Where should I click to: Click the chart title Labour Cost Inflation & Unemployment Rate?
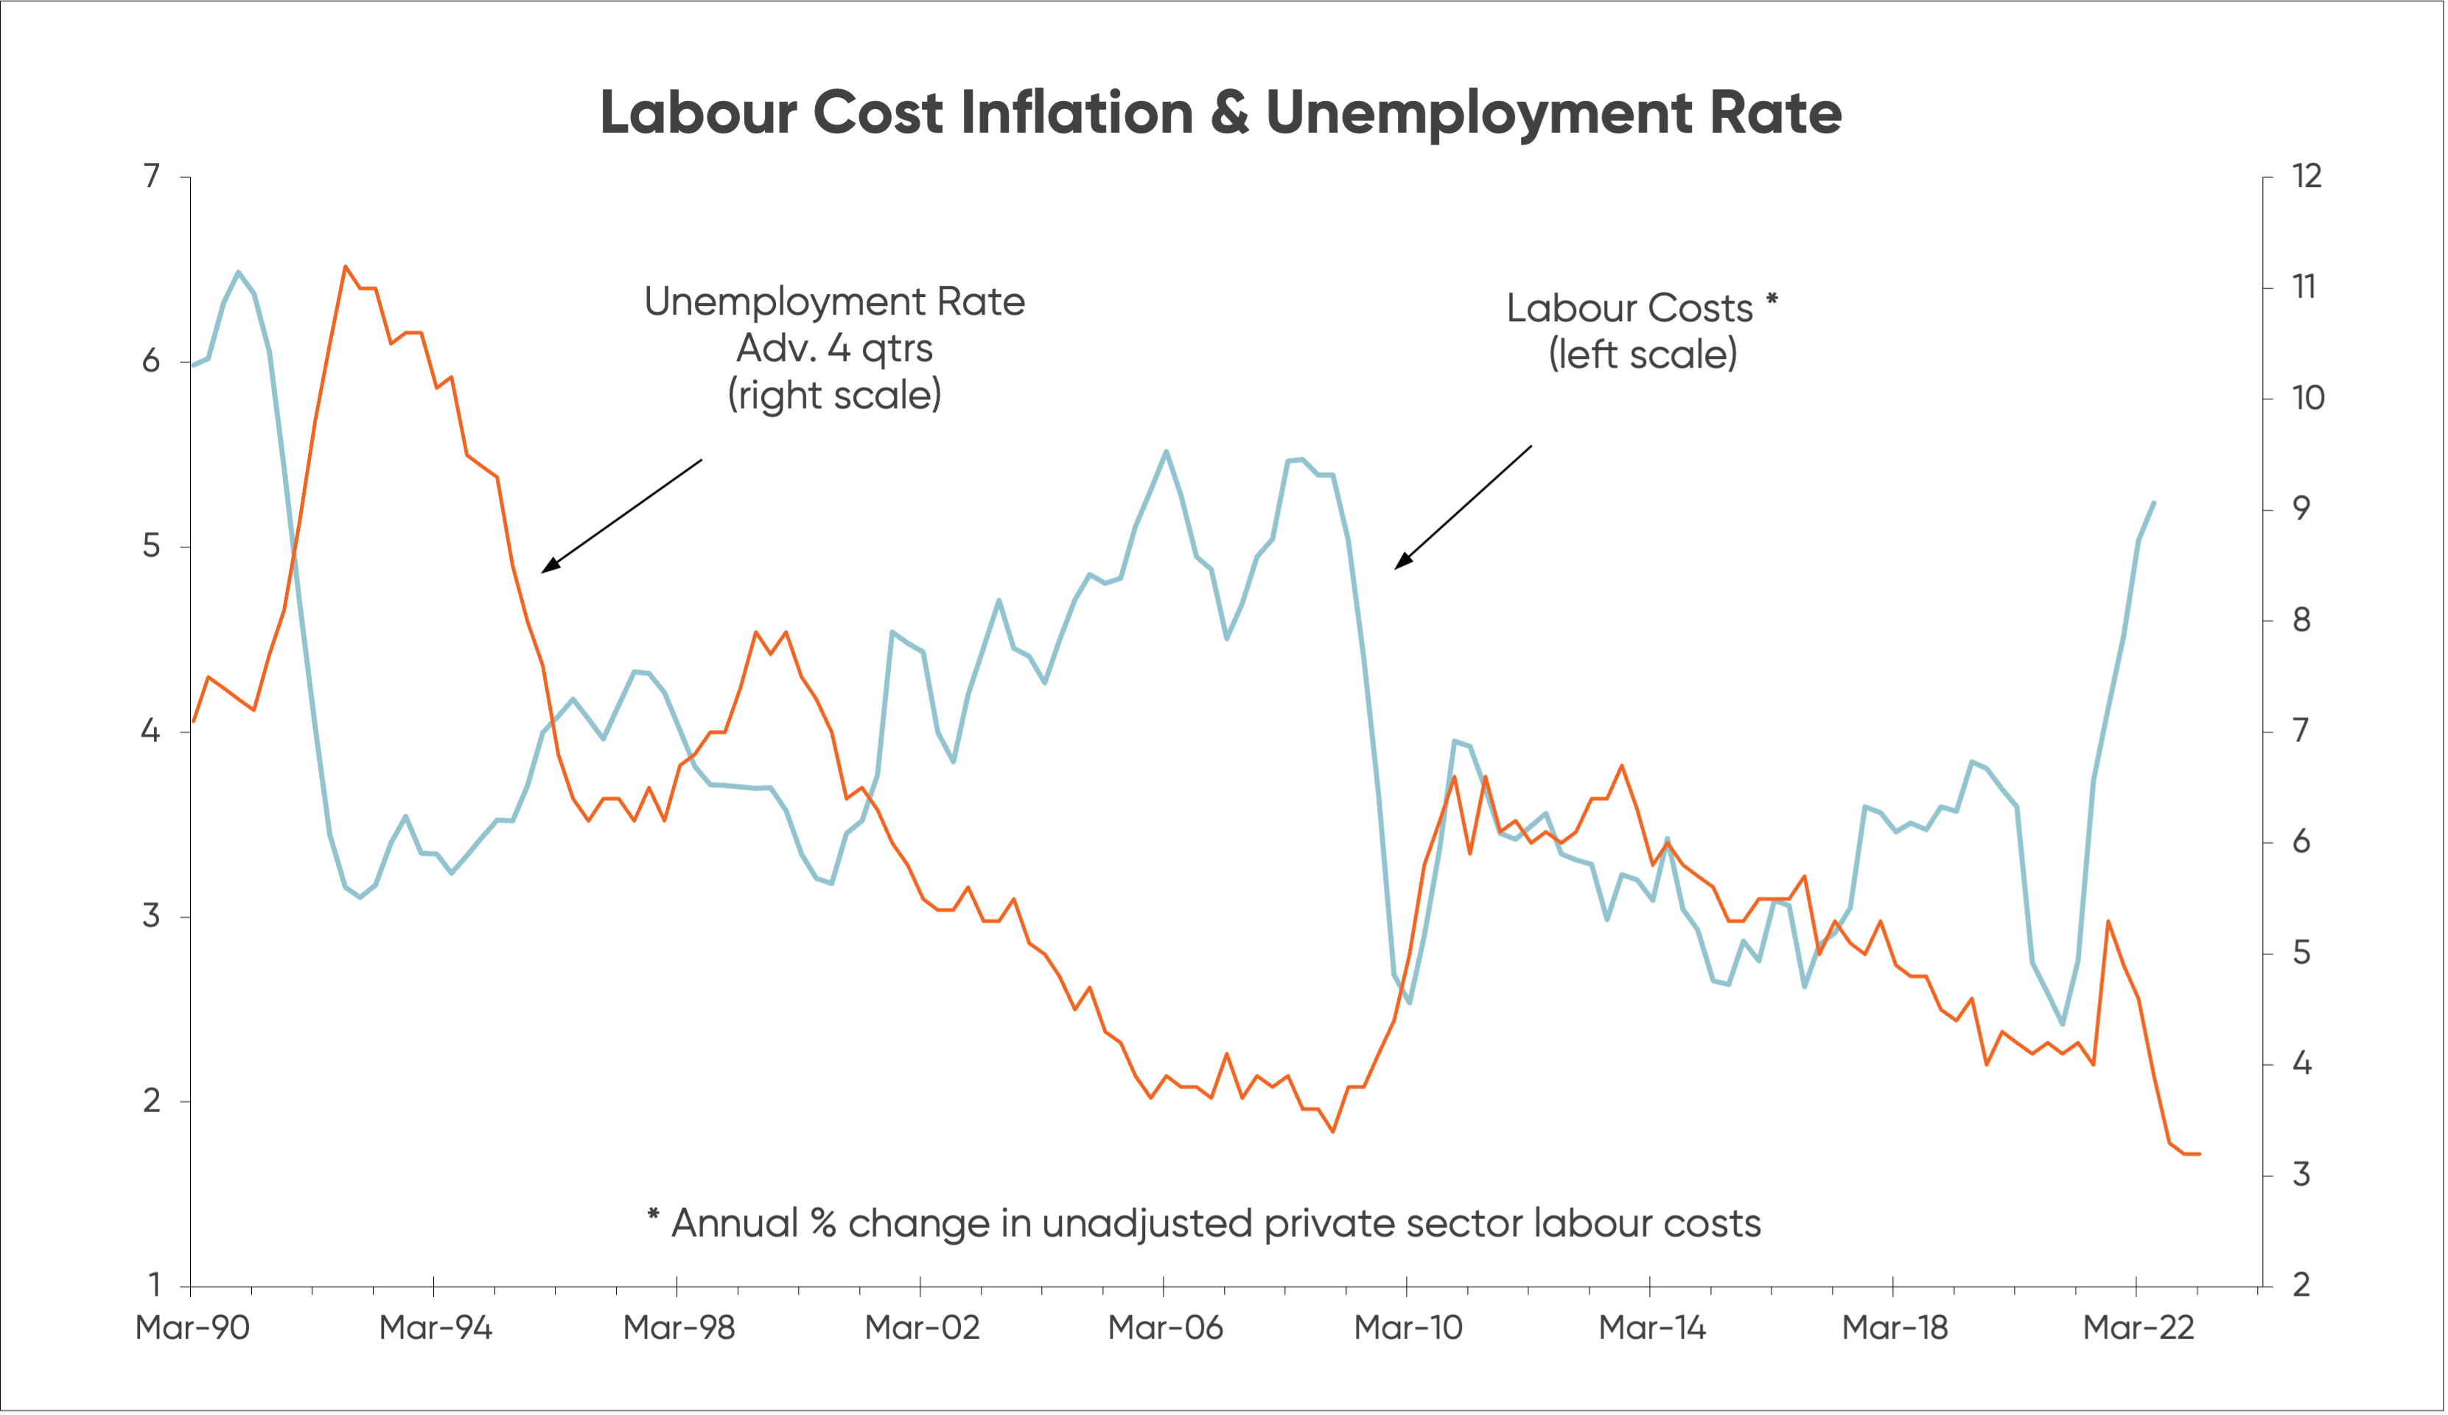pos(1220,113)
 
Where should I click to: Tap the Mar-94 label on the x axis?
pos(436,1327)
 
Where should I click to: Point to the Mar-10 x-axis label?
pos(1407,1327)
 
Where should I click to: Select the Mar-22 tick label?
pos(2138,1327)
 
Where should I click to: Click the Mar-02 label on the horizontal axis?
pos(922,1327)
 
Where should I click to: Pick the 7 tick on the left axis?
pos(152,176)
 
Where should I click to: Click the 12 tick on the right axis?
pos(2307,176)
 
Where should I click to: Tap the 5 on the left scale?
pos(152,546)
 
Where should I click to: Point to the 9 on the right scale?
pos(2301,509)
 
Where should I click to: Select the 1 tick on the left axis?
pos(153,1285)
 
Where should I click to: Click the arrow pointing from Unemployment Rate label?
pos(622,516)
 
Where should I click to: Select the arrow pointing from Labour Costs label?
pos(1463,506)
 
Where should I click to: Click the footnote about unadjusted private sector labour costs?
pos(1205,1223)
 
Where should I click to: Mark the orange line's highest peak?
pos(346,265)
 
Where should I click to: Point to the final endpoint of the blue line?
pos(2155,503)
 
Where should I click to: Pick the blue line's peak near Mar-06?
pos(1166,451)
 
